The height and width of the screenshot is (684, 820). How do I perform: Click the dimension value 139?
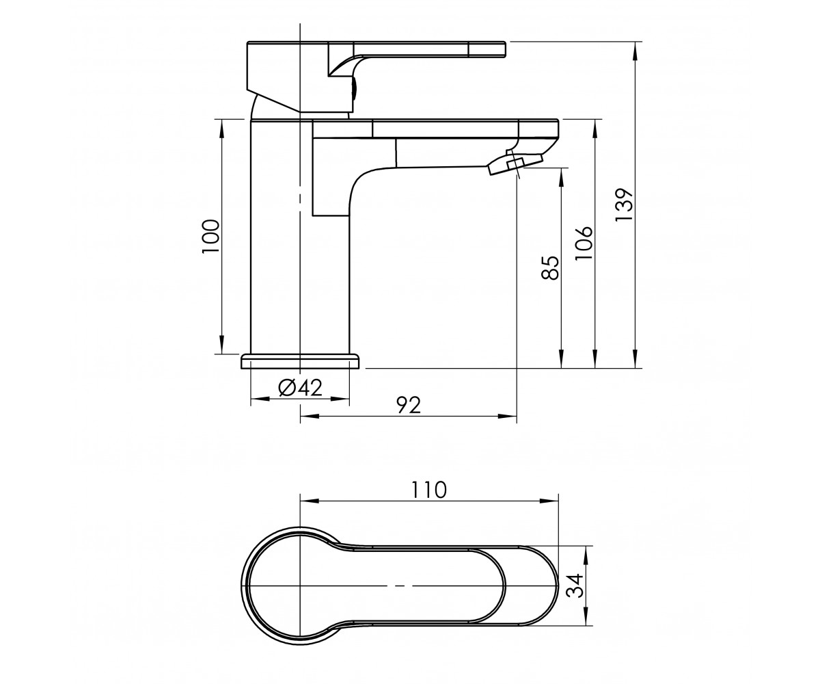(625, 205)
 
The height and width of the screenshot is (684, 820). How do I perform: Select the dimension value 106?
(584, 243)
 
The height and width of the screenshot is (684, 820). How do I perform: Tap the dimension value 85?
(550, 267)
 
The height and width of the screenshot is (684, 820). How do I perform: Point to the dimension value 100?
(210, 236)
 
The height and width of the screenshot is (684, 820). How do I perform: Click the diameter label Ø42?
(300, 388)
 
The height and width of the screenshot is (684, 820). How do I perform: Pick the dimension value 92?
(409, 406)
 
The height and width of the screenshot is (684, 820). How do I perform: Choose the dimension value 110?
(429, 490)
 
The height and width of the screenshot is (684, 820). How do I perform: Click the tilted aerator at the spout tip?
(515, 164)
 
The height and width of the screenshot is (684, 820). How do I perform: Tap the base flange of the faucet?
(300, 361)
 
